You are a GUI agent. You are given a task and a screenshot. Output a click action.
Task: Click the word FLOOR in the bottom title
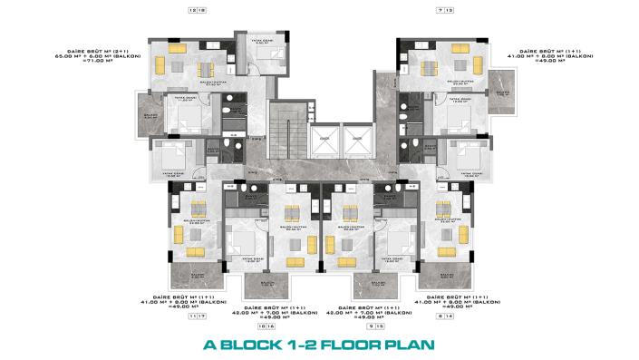click(348, 345)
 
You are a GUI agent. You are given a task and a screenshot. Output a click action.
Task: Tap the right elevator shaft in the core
click(356, 142)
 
